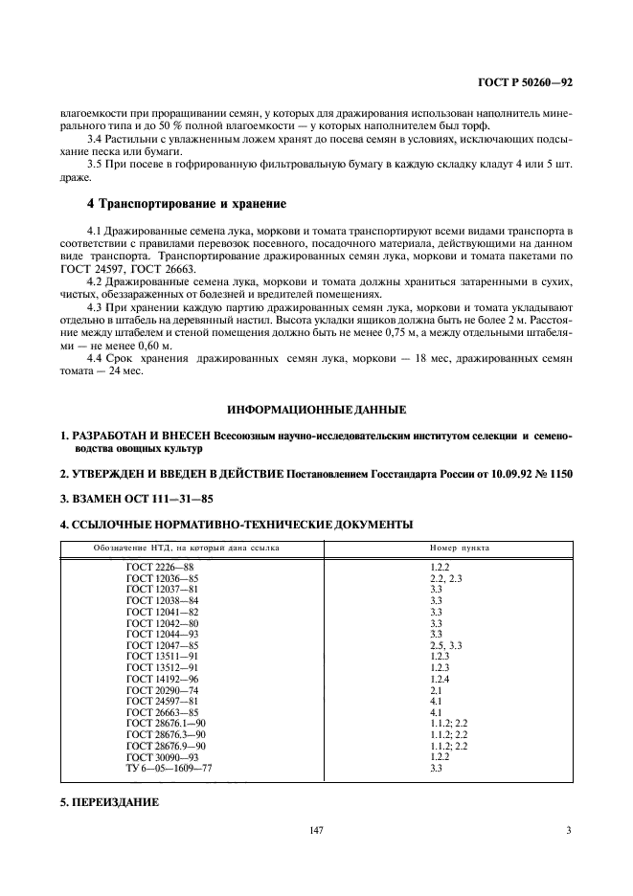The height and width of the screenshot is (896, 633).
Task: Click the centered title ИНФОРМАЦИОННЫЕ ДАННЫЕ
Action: (x=315, y=410)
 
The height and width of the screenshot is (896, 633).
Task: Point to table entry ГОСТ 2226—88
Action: (x=153, y=568)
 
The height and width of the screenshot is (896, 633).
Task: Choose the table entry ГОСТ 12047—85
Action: (x=162, y=644)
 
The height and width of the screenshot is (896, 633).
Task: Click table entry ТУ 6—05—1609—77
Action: (x=170, y=768)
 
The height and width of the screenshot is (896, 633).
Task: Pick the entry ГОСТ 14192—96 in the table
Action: (x=162, y=679)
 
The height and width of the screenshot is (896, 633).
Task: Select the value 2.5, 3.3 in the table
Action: (x=446, y=644)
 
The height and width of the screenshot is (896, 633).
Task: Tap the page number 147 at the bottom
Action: (x=316, y=830)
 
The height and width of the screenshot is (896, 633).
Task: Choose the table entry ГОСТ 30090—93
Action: (x=162, y=756)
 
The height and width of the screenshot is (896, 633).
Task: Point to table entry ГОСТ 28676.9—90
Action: (x=166, y=745)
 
